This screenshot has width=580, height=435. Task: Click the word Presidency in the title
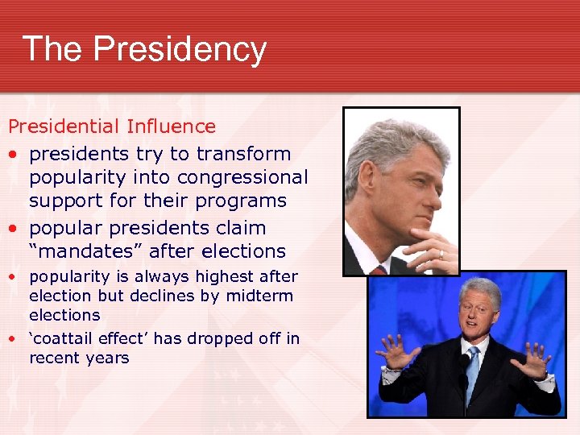coord(179,49)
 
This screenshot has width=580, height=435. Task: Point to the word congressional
coord(242,176)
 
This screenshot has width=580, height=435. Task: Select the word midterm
coord(263,296)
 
